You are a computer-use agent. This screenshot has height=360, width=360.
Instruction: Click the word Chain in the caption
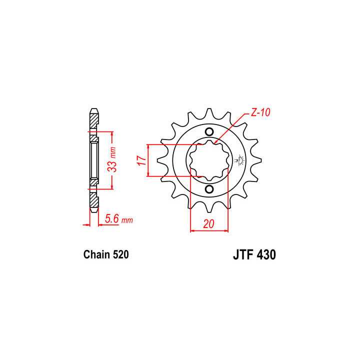coord(95,255)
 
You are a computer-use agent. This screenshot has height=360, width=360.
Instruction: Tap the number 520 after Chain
coord(120,255)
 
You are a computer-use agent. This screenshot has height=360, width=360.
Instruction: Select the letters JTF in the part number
coord(243,254)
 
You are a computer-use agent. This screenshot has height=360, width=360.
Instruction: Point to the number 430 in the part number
coord(265,254)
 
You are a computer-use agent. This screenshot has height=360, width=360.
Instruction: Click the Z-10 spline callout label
coord(260,113)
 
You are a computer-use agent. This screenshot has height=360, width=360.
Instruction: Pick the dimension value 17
coord(141,160)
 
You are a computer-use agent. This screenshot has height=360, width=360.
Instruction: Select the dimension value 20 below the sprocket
coord(209,224)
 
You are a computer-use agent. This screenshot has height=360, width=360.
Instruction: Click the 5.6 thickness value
coord(111,218)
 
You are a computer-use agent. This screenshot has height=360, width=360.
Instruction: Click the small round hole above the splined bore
coord(208,132)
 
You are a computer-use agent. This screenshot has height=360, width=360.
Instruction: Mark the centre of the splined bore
coord(208,160)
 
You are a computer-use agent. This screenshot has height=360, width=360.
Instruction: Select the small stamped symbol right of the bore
coord(238,160)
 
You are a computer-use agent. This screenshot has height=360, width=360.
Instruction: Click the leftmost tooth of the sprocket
coord(162,161)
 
